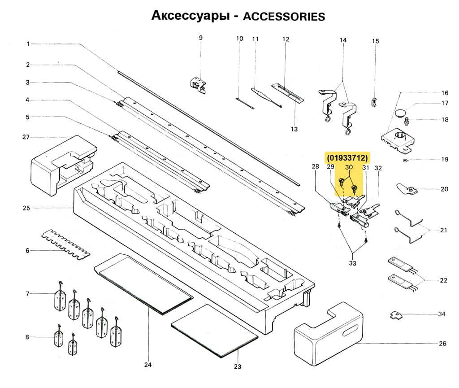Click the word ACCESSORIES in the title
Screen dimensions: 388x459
pyautogui.click(x=283, y=16)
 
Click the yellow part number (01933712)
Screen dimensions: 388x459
pyautogui.click(x=347, y=158)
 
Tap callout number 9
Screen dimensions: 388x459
pyautogui.click(x=201, y=38)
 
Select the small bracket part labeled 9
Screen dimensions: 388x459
pyautogui.click(x=198, y=84)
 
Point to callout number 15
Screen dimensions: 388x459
pyautogui.click(x=376, y=41)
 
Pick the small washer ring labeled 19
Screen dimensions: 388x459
pyautogui.click(x=405, y=160)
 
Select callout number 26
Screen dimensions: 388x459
pyautogui.click(x=442, y=344)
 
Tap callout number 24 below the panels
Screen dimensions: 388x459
pyautogui.click(x=147, y=365)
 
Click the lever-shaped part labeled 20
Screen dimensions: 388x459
pyautogui.click(x=406, y=189)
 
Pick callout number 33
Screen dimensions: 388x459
pyautogui.click(x=352, y=263)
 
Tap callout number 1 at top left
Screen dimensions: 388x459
pyautogui.click(x=28, y=44)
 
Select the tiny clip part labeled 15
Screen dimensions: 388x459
pyautogui.click(x=374, y=103)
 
